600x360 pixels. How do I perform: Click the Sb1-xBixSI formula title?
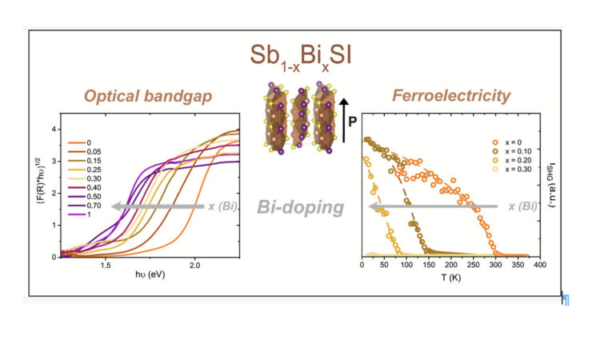(300, 57)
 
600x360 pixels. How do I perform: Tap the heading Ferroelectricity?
(451, 97)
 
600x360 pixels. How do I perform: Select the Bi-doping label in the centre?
(301, 209)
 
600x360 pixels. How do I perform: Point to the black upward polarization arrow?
(343, 121)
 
